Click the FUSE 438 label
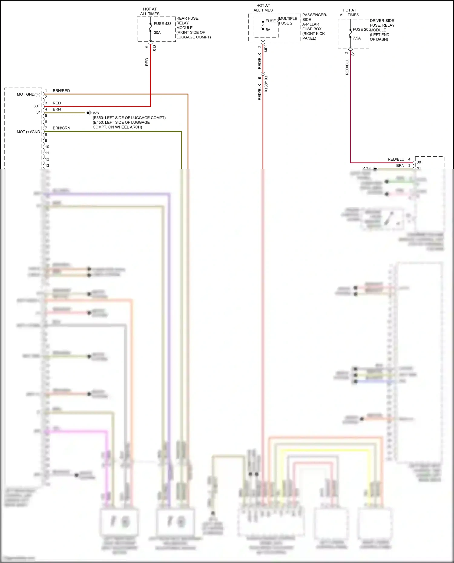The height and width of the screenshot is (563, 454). point(163,24)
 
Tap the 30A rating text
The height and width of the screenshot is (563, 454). point(157,33)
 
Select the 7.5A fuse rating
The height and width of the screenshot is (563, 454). point(357,38)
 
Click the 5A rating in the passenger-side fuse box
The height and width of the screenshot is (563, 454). point(268,30)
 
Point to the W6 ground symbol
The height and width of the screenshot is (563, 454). point(89,113)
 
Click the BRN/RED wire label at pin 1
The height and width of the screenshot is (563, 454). point(61,91)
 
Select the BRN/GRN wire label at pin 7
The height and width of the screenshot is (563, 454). point(61,128)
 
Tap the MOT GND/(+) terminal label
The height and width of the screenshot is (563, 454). point(28,94)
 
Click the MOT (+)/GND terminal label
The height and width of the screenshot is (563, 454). point(28,132)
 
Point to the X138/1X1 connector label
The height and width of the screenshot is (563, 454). point(266,84)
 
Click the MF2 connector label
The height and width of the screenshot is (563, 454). point(266,48)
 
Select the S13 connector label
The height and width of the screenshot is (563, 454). point(155,48)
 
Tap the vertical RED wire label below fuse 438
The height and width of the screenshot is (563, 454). point(147,62)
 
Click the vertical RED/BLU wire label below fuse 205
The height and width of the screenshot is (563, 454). point(347,67)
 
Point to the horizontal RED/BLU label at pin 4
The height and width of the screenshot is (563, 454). point(396,159)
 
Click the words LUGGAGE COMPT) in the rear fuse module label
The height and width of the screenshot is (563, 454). point(194,37)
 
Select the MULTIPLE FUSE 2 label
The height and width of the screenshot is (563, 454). point(288,21)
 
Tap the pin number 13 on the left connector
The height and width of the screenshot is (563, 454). point(47,165)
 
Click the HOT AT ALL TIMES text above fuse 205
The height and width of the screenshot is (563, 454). point(349,12)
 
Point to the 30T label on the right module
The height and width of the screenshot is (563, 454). point(420,162)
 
